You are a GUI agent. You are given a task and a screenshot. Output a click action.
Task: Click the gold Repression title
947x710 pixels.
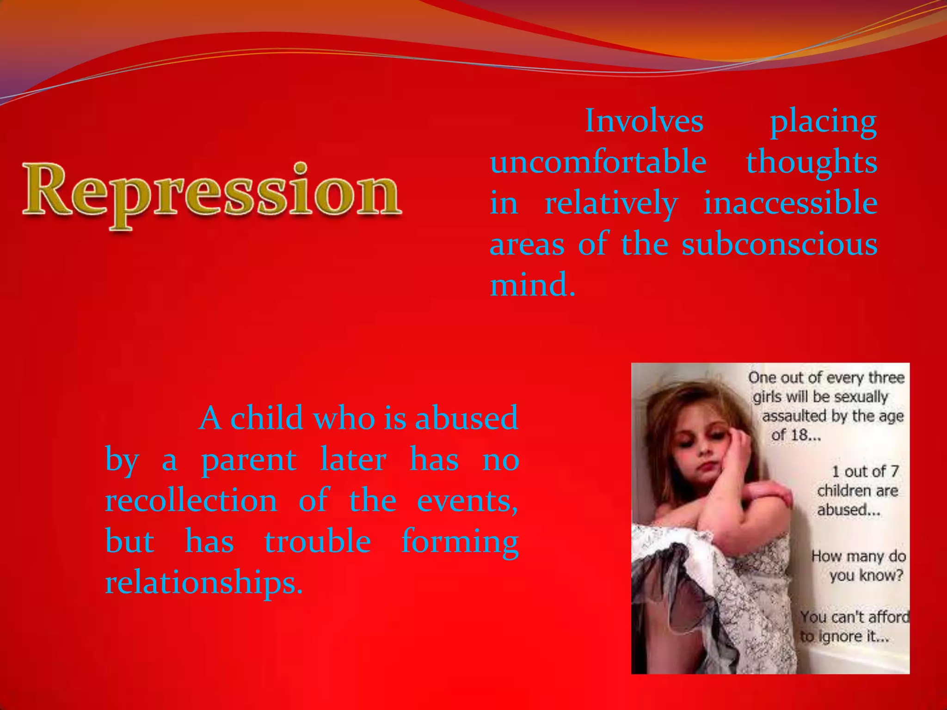212,192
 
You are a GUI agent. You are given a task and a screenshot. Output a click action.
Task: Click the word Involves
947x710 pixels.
644,121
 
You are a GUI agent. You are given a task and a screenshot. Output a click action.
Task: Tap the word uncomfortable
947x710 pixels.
598,162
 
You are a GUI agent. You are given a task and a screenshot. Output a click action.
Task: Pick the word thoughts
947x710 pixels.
812,162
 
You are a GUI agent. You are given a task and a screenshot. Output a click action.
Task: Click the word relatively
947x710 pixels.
611,203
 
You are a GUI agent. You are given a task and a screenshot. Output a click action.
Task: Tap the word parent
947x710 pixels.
249,460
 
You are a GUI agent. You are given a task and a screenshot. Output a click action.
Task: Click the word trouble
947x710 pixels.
317,541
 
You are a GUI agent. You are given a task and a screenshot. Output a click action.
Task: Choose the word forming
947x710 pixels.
460,542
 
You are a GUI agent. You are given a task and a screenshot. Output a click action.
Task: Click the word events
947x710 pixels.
467,501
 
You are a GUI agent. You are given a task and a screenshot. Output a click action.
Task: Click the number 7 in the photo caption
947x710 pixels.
894,471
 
